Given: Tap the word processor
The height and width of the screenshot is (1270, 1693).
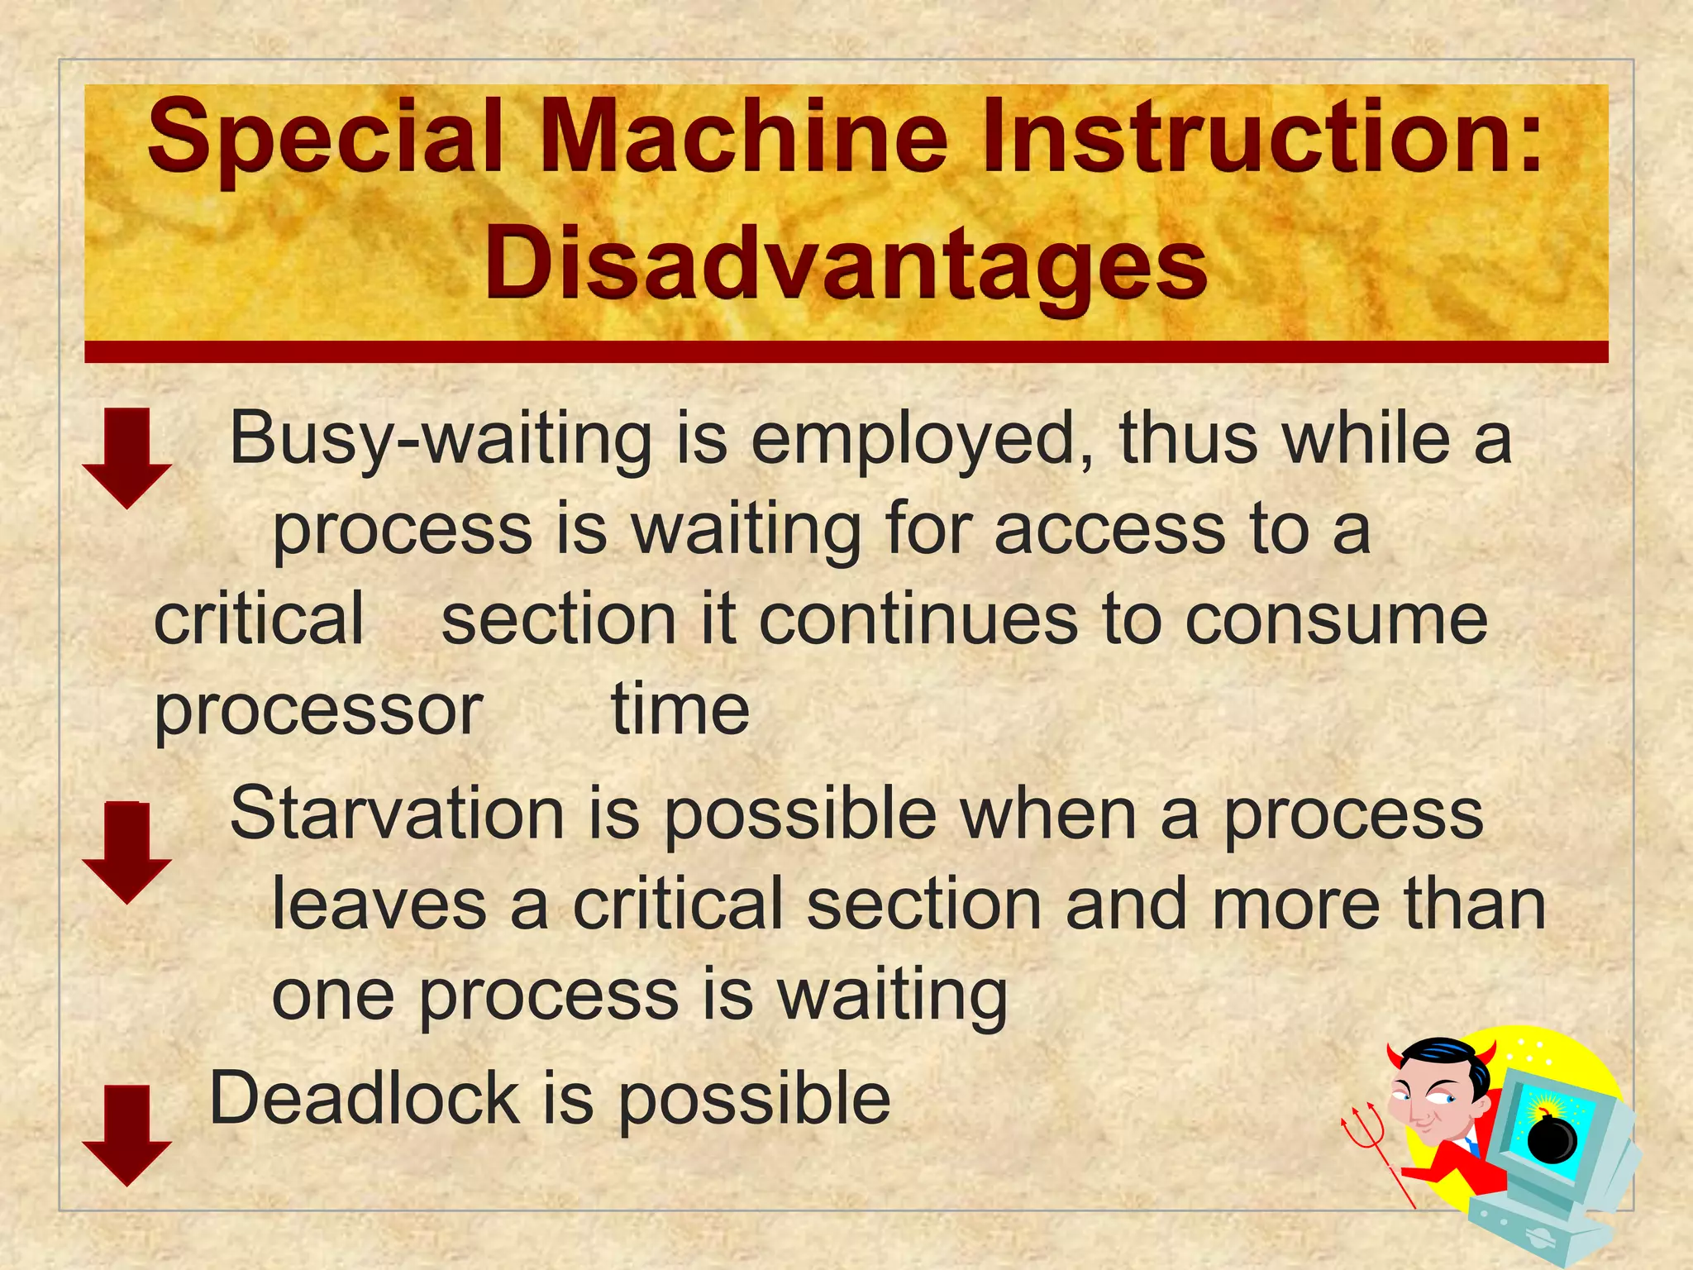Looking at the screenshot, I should tap(318, 710).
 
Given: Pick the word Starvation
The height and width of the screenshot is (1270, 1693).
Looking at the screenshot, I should tap(397, 814).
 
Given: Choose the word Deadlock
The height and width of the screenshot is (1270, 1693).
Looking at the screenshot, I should tap(364, 1098).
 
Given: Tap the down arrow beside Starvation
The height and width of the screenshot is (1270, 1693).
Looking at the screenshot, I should tap(126, 852).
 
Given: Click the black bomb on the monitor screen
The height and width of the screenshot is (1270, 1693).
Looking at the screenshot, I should tap(1552, 1138).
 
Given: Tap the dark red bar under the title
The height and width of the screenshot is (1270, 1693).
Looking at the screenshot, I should tap(846, 352).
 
